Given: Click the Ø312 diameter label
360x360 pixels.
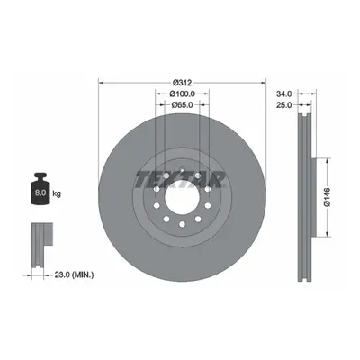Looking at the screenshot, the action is (x=183, y=82).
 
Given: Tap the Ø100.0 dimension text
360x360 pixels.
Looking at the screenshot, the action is (x=182, y=94).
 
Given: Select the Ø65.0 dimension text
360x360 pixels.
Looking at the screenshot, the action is (x=182, y=105).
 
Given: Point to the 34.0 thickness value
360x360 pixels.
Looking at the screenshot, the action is (x=283, y=94).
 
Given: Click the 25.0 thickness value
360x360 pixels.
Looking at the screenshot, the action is (x=283, y=105).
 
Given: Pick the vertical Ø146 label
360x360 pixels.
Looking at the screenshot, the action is (x=327, y=197).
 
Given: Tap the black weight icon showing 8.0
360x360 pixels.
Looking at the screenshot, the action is (x=40, y=188).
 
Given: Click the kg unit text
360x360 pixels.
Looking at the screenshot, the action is (x=57, y=193).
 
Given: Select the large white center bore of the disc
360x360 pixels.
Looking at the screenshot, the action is (x=182, y=197).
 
